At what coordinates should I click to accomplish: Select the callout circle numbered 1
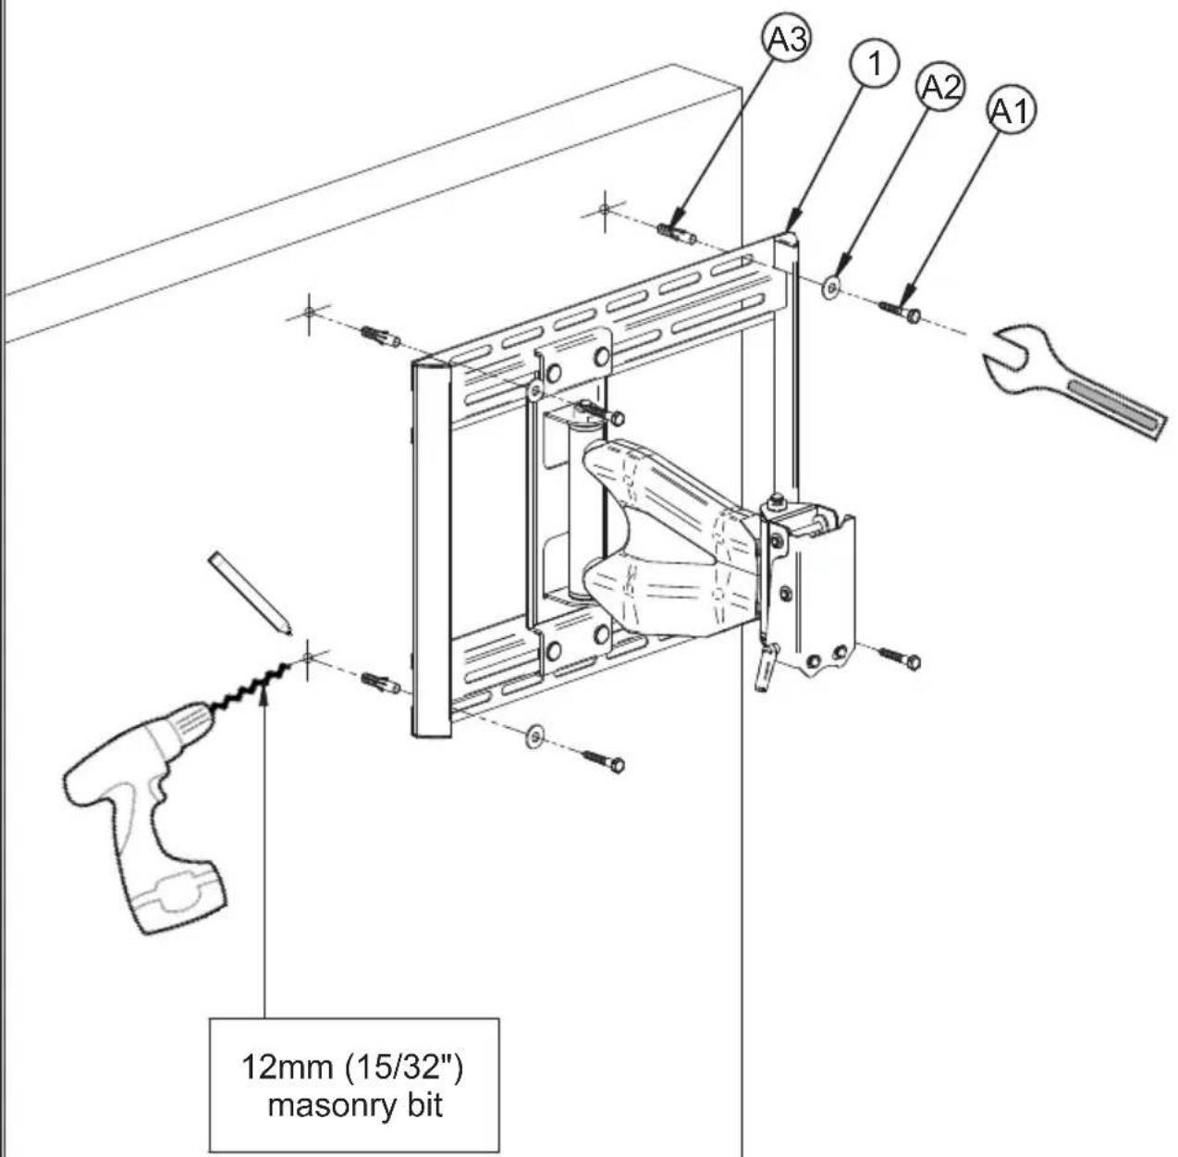click(x=875, y=64)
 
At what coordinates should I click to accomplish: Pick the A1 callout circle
click(x=1012, y=110)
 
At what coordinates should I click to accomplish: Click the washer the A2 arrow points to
click(x=830, y=286)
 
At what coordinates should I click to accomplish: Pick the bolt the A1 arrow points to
click(x=900, y=312)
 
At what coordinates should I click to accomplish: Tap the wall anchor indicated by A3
click(x=677, y=233)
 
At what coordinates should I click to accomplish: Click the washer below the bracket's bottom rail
click(x=535, y=735)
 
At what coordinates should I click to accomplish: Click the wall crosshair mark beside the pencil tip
click(x=308, y=658)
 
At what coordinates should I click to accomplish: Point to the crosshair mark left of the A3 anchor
click(x=605, y=210)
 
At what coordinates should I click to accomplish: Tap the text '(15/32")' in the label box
click(x=403, y=1068)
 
